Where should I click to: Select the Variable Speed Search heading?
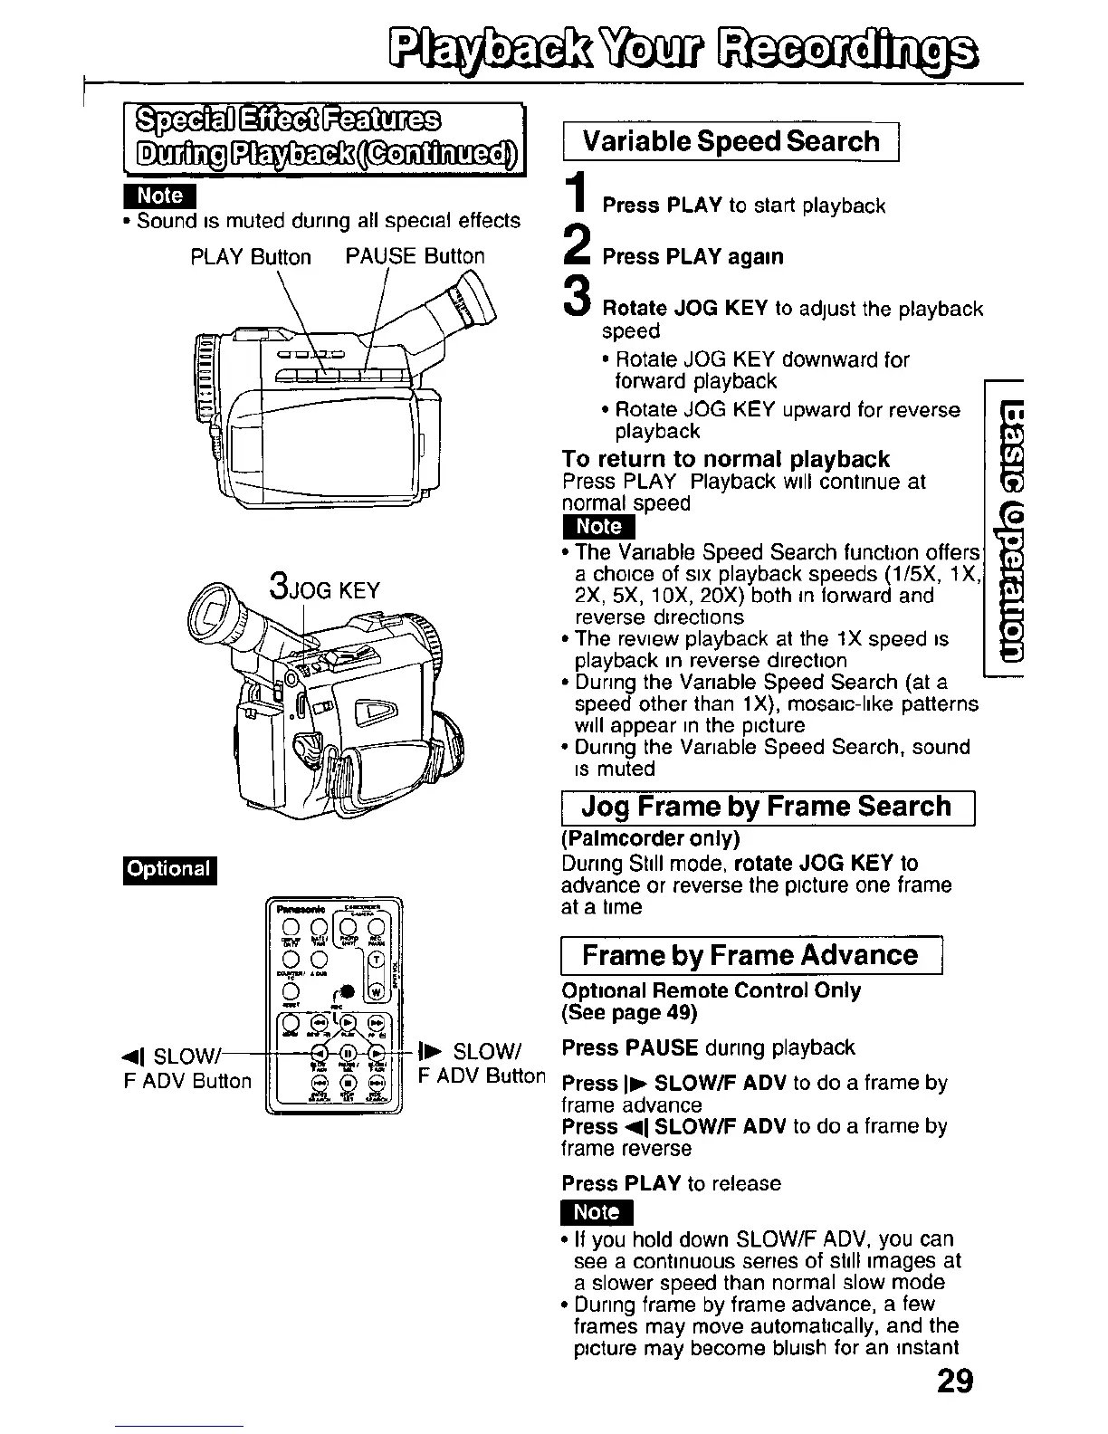pyautogui.click(x=731, y=141)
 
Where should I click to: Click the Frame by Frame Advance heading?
pyautogui.click(x=750, y=955)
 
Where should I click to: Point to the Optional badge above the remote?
pyautogui.click(x=169, y=869)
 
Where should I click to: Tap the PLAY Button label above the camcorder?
pyautogui.click(x=251, y=257)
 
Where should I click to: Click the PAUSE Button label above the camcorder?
pyautogui.click(x=415, y=256)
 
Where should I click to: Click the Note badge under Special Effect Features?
pyautogui.click(x=160, y=196)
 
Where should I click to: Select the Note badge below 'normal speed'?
pyautogui.click(x=598, y=527)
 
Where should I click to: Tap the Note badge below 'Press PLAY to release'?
pyautogui.click(x=597, y=1212)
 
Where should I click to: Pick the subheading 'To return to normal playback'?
pyautogui.click(x=725, y=459)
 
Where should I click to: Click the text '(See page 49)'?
pyautogui.click(x=629, y=1011)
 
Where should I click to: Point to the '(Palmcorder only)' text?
pyautogui.click(x=650, y=837)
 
